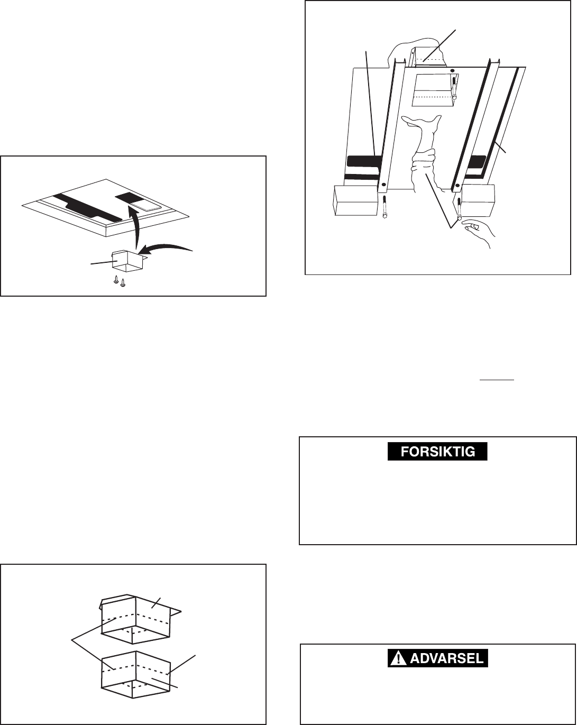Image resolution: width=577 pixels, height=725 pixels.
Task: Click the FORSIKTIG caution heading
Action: click(x=437, y=452)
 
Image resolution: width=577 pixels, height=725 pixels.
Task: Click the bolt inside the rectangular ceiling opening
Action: click(x=454, y=88)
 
